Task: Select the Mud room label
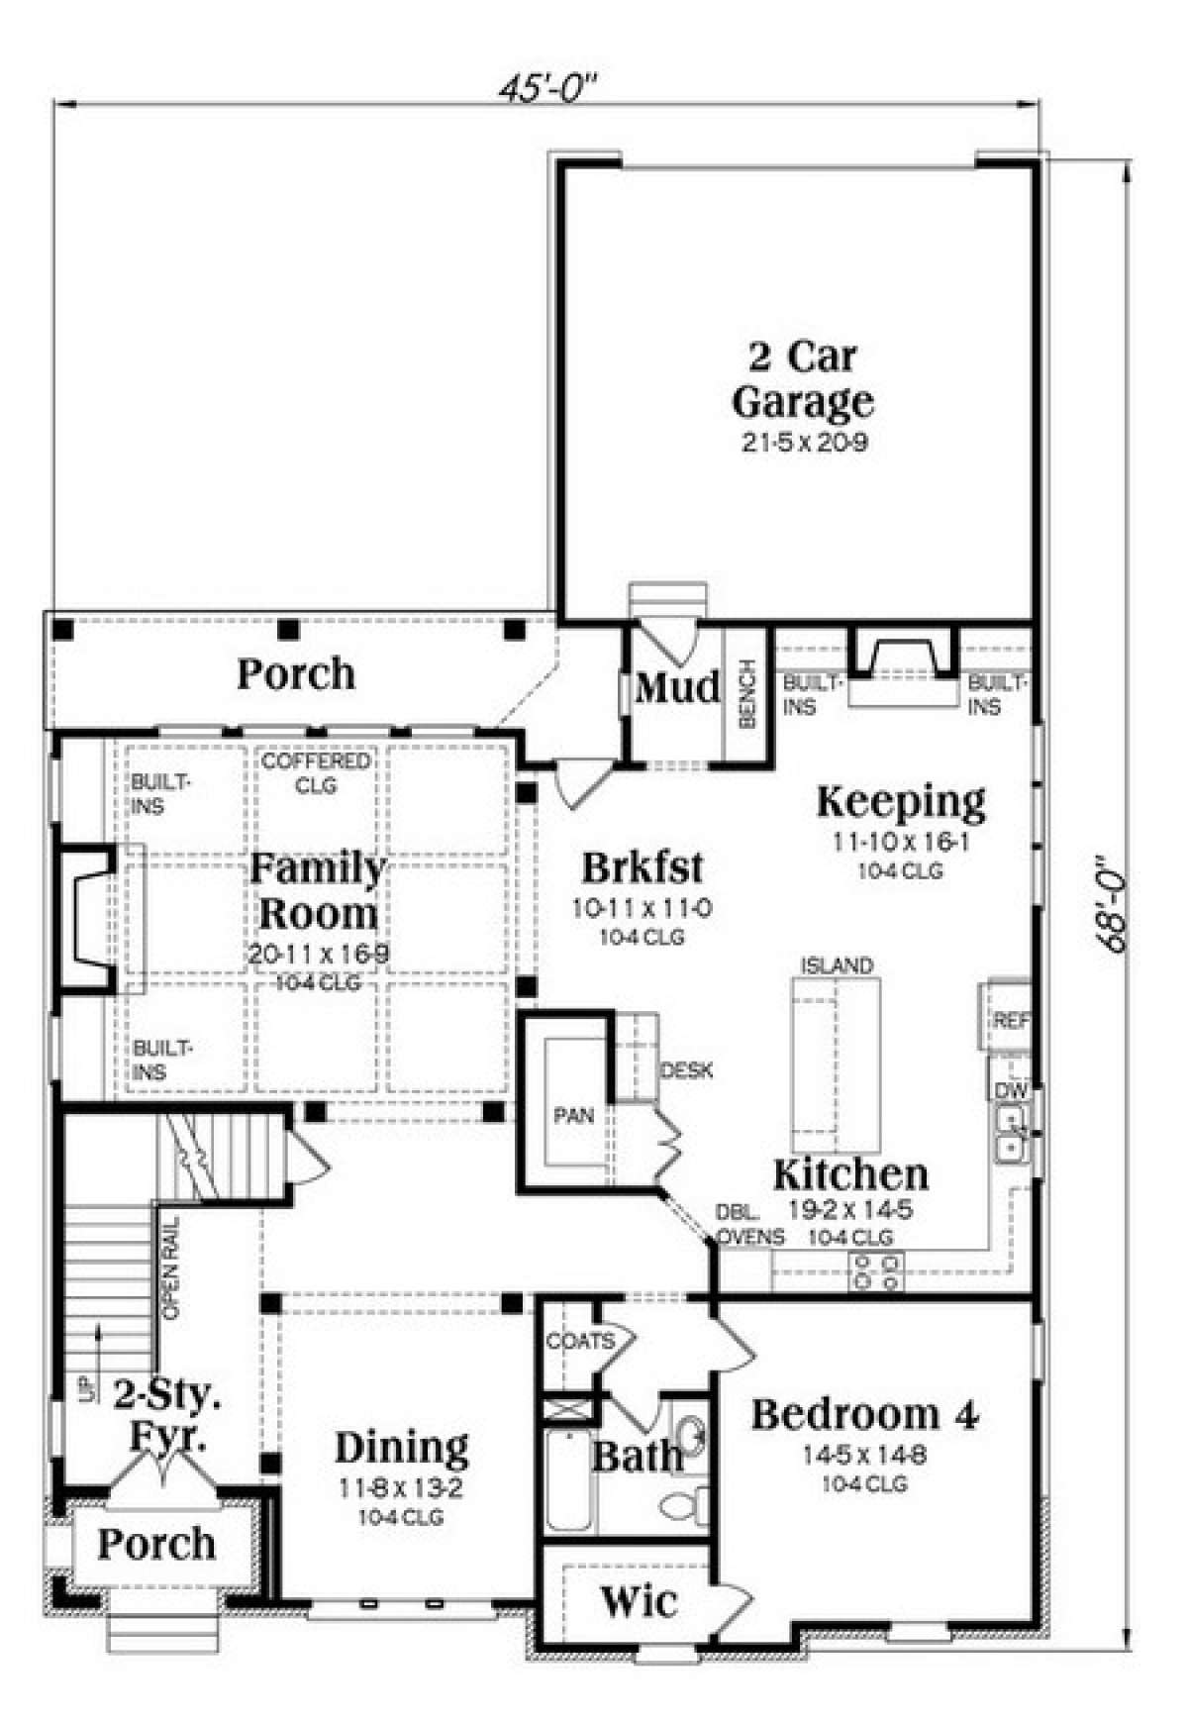(677, 686)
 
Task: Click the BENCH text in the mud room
(747, 694)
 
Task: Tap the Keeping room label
(901, 801)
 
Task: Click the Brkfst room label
(643, 866)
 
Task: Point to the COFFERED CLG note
(316, 772)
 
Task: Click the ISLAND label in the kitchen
(838, 964)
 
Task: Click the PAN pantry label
(573, 1115)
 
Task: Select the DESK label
(686, 1070)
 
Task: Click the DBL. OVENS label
(751, 1225)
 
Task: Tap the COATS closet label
(581, 1341)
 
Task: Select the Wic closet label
(640, 1600)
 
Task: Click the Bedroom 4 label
(865, 1414)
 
